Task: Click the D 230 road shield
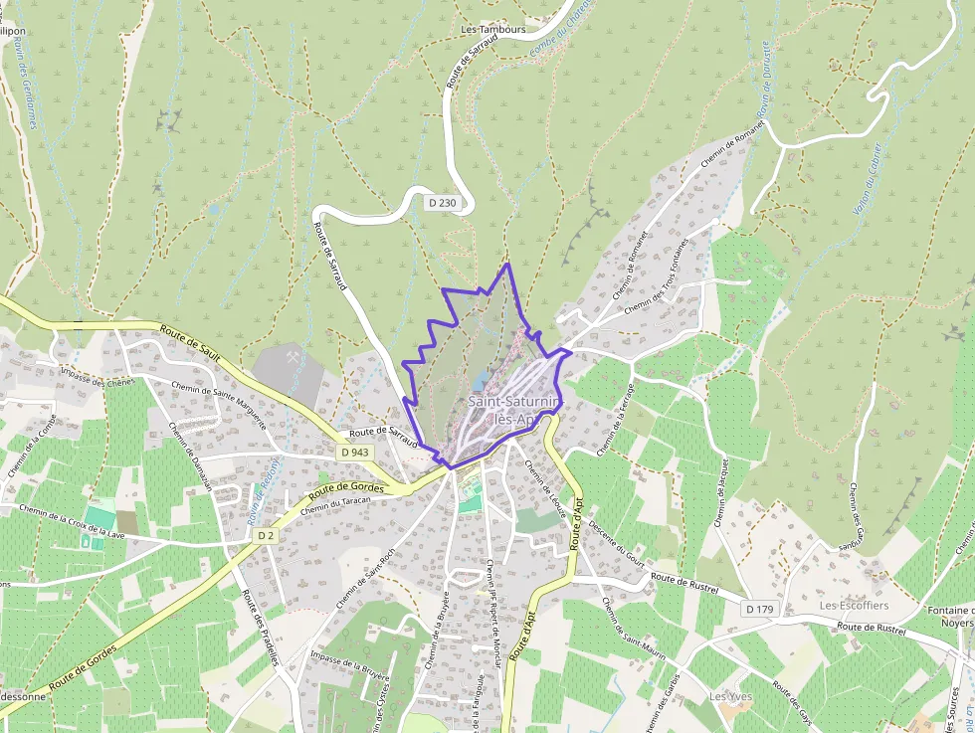coord(443,203)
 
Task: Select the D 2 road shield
coord(265,535)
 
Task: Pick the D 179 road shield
coord(759,608)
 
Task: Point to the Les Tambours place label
coord(493,30)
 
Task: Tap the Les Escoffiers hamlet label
coord(854,605)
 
